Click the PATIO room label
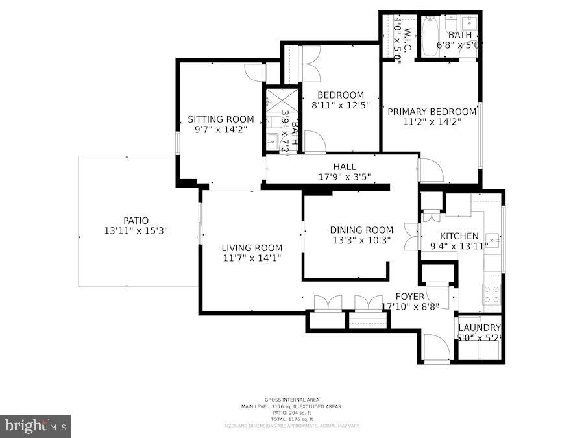136,221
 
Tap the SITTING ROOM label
221,119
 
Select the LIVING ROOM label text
252,248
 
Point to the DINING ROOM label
361,230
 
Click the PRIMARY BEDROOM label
432,112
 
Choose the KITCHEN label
459,236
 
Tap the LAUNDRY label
479,328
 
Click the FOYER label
410,297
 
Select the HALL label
344,167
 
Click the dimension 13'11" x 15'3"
136,230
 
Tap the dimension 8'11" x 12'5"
340,105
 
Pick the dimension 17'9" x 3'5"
344,176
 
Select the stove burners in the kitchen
491,295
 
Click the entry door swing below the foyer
436,347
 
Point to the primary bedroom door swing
431,170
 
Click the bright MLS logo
36,426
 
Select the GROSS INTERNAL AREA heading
291,400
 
